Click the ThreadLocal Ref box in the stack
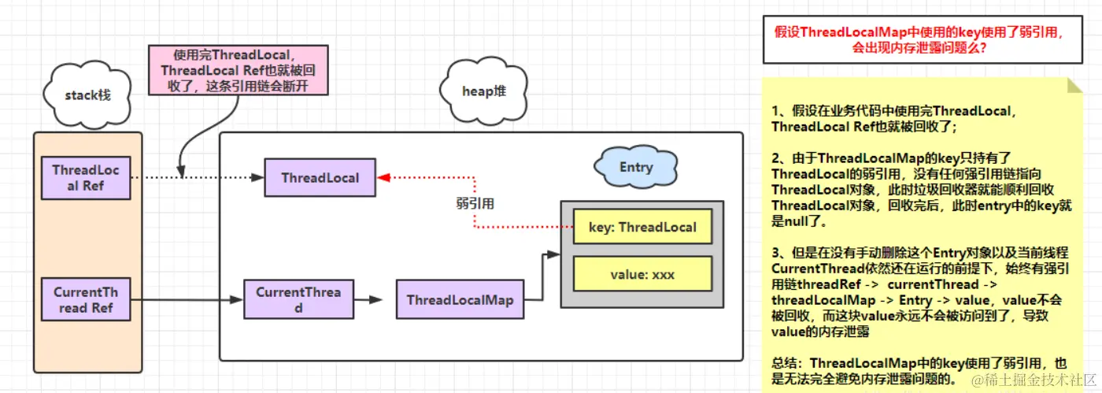point(86,178)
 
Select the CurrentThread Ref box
point(86,300)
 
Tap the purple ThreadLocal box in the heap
point(320,178)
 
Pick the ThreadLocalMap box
point(460,300)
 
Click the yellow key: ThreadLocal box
point(642,228)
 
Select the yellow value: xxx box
point(642,275)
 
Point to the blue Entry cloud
point(636,167)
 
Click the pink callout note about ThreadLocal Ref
point(238,70)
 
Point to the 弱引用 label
point(475,203)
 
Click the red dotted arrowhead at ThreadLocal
point(383,178)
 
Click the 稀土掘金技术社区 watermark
point(1030,380)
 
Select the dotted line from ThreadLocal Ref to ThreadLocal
point(197,178)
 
